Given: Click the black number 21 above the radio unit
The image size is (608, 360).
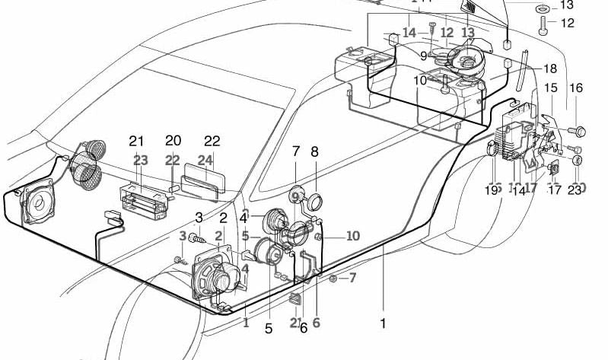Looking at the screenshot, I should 136,141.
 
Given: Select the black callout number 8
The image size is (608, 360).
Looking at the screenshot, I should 314,152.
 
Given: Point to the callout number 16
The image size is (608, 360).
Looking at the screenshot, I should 575,88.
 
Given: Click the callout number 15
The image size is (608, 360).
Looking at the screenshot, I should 550,88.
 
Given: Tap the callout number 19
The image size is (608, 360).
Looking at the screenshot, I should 492,190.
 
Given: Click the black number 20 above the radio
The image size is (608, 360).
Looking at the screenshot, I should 173,141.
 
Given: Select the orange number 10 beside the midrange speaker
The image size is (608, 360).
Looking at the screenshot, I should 352,236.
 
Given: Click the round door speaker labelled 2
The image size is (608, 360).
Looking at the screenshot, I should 216,276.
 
